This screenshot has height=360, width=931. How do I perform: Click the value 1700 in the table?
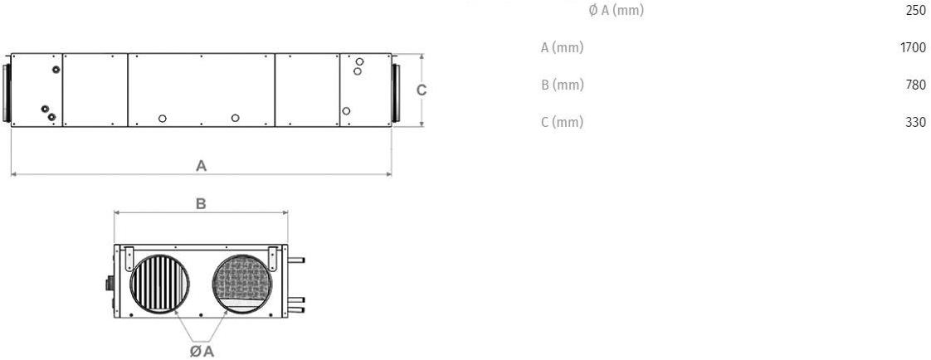point(913,48)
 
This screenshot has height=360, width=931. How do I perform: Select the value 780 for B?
point(915,85)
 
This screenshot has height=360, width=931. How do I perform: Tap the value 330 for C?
point(915,123)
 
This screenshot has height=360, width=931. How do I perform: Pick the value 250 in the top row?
point(915,11)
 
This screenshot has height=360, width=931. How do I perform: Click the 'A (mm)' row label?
point(562,48)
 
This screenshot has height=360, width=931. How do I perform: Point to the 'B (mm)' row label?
point(563,85)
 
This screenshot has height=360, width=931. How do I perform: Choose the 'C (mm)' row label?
point(563,123)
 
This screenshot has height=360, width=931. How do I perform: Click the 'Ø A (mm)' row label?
point(616,11)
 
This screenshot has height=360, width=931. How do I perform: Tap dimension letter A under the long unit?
point(202,165)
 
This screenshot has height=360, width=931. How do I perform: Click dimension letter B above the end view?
point(202,204)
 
